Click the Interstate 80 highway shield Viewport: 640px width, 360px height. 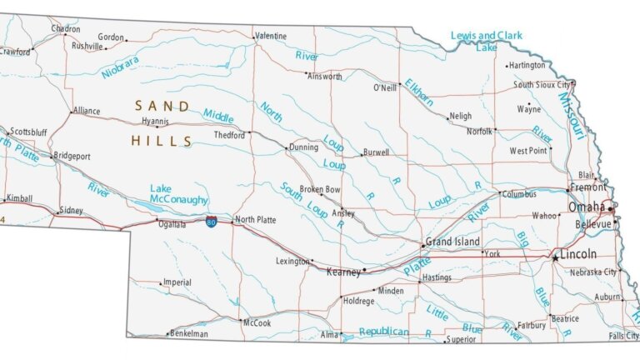coord(212,222)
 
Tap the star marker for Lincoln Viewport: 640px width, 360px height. coord(555,259)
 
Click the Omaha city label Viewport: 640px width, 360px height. coord(587,207)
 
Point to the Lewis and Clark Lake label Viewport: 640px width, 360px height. coord(486,41)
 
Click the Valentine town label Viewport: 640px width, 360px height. coord(271,37)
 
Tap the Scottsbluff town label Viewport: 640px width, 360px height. coord(28,132)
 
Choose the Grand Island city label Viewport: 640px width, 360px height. coord(452,242)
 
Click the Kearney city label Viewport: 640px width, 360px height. coord(343,272)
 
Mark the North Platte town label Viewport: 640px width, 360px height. coord(255,220)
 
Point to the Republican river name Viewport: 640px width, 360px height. coord(383,332)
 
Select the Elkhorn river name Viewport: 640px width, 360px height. coord(419,92)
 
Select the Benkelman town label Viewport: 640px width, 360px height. coord(188,333)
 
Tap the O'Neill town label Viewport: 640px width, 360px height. coord(384,87)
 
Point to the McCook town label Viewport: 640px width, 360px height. coord(257,322)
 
